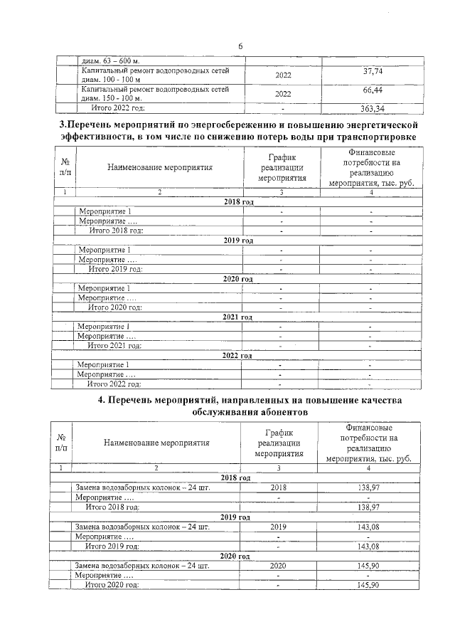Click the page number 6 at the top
tap(240, 46)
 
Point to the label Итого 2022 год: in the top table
tap(118, 108)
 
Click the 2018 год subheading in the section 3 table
tap(238, 202)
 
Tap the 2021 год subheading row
tap(238, 317)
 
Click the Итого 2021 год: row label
tap(114, 345)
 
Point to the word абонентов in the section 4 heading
tap(266, 412)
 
